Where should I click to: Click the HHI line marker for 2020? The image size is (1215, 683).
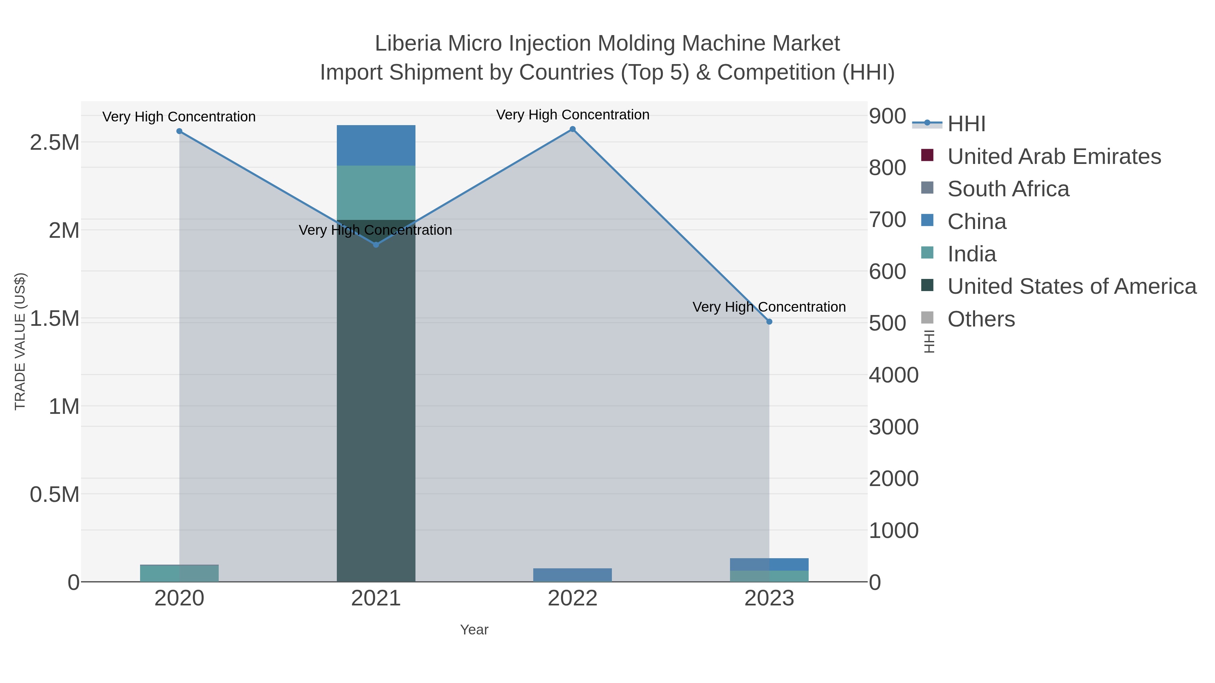tap(179, 131)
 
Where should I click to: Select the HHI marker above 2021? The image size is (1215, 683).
tap(376, 245)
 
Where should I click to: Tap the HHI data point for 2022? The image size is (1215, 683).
tap(573, 129)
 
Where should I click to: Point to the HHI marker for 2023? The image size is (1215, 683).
tap(769, 321)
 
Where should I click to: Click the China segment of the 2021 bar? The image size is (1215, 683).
tap(376, 145)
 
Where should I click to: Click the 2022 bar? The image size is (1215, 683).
tap(573, 575)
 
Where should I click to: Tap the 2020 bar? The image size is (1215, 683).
tap(179, 573)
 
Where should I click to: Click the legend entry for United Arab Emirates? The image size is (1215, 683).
tap(1054, 156)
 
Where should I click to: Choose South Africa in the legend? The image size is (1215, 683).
tap(1008, 189)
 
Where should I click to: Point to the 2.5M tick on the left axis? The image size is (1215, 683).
tap(55, 142)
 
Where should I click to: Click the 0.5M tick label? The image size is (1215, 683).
tap(55, 494)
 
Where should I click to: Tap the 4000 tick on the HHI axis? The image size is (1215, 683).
tap(893, 375)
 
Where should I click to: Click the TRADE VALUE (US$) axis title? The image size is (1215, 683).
tap(20, 341)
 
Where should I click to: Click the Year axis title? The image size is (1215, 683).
tap(474, 630)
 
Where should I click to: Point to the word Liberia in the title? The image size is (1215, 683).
tap(408, 44)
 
